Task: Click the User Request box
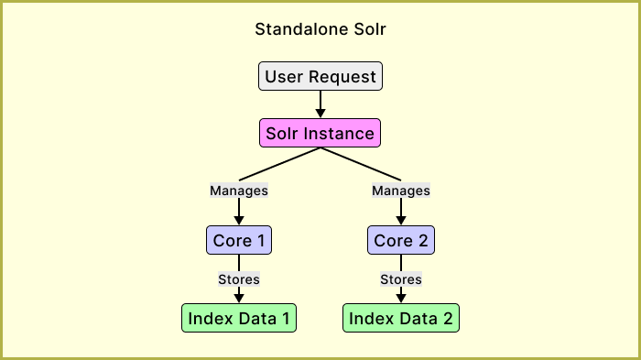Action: click(320, 76)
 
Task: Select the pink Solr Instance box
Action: click(320, 133)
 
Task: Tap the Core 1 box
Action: click(239, 241)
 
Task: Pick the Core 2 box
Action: click(401, 241)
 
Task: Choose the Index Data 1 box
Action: click(239, 318)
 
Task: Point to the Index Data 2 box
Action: click(401, 318)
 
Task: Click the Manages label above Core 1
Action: click(239, 191)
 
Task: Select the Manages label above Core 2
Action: click(401, 191)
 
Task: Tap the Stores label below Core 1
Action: click(239, 278)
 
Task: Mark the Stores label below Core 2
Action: click(401, 278)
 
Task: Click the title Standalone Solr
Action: click(320, 28)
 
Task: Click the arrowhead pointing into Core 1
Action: click(239, 220)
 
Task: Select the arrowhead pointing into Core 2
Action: click(401, 220)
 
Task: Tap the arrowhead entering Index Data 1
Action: click(239, 298)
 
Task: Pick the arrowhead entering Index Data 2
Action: click(401, 298)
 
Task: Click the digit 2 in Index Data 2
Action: click(447, 318)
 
